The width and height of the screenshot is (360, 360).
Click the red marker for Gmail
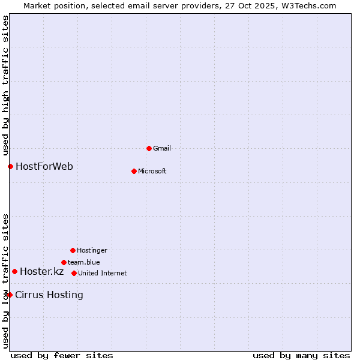149,148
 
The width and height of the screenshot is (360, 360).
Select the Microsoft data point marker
134,171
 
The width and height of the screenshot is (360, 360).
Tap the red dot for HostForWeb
10,166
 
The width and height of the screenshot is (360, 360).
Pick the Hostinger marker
73,250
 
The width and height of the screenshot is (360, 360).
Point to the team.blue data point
64,262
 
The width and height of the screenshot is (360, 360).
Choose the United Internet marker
74,273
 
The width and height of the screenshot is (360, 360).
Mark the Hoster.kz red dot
14,271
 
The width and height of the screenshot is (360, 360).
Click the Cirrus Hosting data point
10,295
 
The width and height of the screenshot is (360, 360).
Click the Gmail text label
162,148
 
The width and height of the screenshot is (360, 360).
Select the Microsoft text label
152,171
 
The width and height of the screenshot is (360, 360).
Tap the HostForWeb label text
44,166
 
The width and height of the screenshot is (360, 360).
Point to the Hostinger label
92,250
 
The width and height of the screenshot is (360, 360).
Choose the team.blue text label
84,262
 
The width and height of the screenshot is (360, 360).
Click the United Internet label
103,273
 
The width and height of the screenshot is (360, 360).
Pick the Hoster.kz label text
41,271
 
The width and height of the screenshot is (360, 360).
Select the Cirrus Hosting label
49,295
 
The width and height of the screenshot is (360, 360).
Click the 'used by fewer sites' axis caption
62,355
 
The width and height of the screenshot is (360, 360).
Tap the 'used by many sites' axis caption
301,355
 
